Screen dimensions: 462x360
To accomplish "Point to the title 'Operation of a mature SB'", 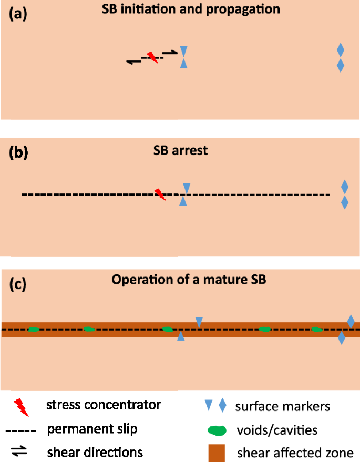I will click(189, 280).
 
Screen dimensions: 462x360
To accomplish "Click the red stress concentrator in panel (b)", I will click(160, 194).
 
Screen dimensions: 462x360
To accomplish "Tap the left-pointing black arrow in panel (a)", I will click(134, 62).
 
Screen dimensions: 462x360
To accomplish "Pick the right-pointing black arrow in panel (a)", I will click(170, 52).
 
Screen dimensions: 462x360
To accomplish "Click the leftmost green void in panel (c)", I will click(33, 330).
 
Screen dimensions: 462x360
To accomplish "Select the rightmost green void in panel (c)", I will click(317, 330).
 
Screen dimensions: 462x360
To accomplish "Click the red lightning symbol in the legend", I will click(21, 406).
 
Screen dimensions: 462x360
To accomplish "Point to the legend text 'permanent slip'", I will click(92, 429).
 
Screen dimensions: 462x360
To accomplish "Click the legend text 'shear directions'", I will click(95, 452).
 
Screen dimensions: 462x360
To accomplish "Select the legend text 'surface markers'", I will click(283, 406).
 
